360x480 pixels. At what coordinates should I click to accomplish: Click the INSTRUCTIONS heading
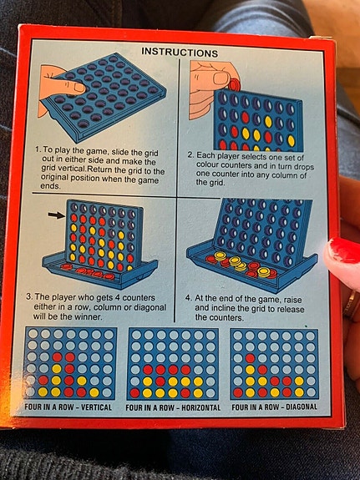click(x=180, y=52)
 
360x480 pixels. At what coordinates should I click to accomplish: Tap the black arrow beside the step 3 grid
click(x=57, y=215)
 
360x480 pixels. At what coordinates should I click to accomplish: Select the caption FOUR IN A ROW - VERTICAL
click(x=68, y=407)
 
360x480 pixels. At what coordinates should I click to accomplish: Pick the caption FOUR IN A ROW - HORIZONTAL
click(x=173, y=407)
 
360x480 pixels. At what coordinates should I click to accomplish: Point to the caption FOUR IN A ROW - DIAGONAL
click(x=274, y=407)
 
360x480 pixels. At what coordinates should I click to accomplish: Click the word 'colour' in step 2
click(x=207, y=165)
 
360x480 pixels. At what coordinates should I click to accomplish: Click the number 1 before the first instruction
click(x=38, y=149)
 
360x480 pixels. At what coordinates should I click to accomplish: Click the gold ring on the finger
click(x=351, y=305)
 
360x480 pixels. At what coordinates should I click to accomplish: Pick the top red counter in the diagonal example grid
click(x=250, y=358)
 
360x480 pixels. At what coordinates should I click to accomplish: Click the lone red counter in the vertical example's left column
click(x=43, y=380)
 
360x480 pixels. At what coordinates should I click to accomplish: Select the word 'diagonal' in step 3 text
click(x=151, y=307)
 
